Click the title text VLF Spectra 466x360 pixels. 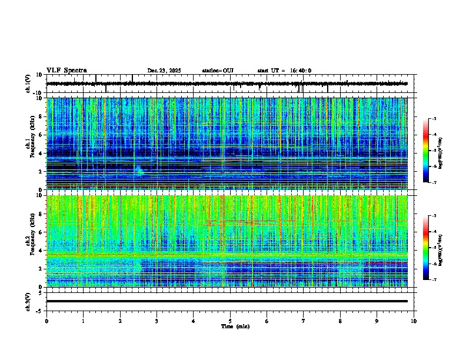[x=66, y=71]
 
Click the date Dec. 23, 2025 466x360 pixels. [x=164, y=71]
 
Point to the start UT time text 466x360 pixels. [x=284, y=71]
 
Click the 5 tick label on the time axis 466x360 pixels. [x=230, y=321]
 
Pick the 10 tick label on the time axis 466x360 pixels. [x=414, y=321]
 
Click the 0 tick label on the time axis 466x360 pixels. [x=46, y=321]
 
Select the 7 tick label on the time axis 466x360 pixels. [x=304, y=321]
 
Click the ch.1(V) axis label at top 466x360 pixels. [x=28, y=84]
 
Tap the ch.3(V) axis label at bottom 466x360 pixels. [x=28, y=301]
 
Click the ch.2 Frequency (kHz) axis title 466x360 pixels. [x=28, y=241]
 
